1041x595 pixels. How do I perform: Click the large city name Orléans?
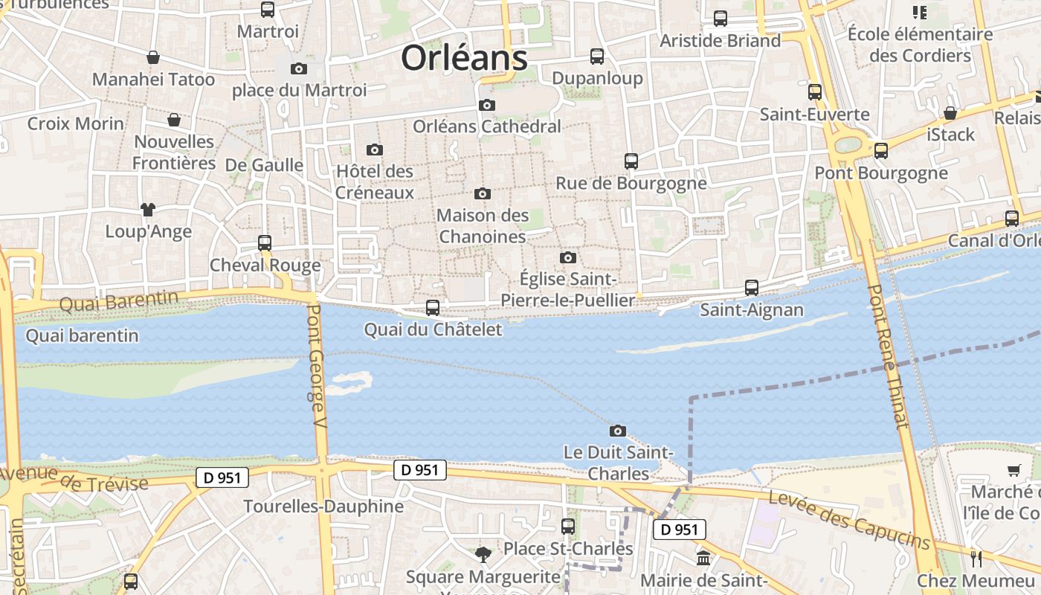(464, 58)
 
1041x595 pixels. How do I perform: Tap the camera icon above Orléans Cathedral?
(487, 105)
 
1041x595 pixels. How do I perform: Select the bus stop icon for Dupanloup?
(597, 57)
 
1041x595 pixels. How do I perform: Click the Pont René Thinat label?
(889, 357)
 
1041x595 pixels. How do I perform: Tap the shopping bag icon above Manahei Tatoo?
(153, 57)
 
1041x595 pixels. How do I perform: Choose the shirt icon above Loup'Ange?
(148, 210)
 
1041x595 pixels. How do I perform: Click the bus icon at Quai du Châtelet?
(432, 307)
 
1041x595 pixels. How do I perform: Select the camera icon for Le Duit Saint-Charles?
(617, 431)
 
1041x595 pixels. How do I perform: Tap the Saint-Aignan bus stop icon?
(752, 288)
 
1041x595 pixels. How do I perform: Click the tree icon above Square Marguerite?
(483, 554)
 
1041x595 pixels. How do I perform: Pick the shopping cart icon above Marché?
(1013, 470)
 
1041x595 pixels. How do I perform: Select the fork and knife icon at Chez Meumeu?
(976, 559)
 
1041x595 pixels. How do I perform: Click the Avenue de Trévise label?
(74, 479)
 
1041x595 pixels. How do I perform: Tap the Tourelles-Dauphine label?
(323, 506)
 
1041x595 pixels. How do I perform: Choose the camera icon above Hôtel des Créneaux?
(375, 149)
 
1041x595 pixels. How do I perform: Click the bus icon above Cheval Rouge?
(265, 242)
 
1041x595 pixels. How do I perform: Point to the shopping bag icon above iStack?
(950, 113)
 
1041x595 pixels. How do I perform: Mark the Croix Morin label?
(76, 123)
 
